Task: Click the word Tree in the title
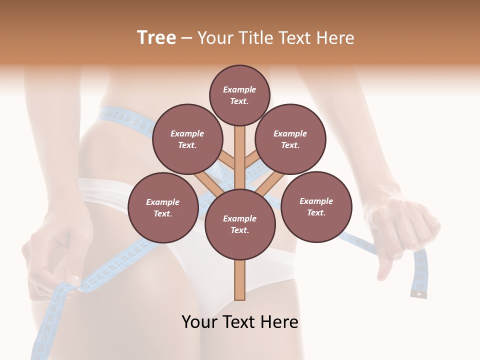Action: [x=156, y=38]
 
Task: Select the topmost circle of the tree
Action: [x=239, y=95]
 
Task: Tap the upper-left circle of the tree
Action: [x=187, y=139]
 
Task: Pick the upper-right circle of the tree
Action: [x=290, y=139]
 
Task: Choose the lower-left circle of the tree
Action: [x=162, y=207]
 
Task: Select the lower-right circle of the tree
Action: [x=316, y=206]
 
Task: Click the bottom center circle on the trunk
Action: [x=239, y=224]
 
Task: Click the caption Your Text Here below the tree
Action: [x=239, y=322]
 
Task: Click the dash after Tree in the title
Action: [x=186, y=38]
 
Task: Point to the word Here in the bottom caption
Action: [x=279, y=322]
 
